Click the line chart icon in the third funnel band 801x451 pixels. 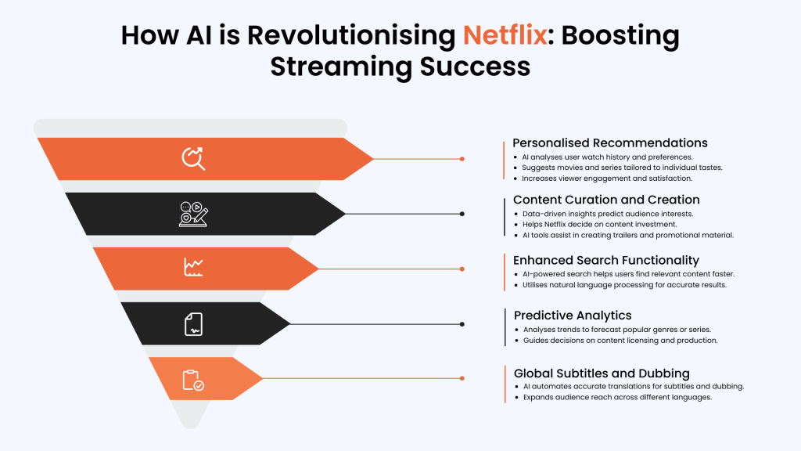coord(193,268)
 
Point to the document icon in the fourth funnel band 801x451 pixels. coord(193,323)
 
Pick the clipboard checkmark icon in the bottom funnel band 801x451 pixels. coord(193,380)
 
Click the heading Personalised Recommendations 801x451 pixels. coord(610,143)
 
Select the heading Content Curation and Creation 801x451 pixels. coord(606,200)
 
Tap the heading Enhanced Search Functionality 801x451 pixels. coord(606,260)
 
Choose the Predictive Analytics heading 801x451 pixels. coord(573,315)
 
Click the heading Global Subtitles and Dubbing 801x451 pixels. coord(602,373)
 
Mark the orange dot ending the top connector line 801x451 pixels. coord(462,159)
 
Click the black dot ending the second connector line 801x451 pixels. coord(462,214)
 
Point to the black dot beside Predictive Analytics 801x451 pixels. coord(462,323)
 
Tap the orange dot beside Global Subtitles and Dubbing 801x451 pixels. coord(462,378)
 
